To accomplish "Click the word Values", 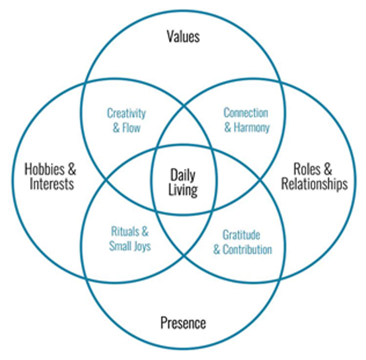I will point(182,36).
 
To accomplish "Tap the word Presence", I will point(183,323).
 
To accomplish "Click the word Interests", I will point(51,183).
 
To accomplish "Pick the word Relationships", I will point(314,183).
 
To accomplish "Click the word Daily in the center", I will point(183,175).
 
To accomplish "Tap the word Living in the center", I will point(183,190).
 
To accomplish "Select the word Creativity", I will point(126,113).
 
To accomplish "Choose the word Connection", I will point(245,112).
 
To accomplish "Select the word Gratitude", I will point(241,234).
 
